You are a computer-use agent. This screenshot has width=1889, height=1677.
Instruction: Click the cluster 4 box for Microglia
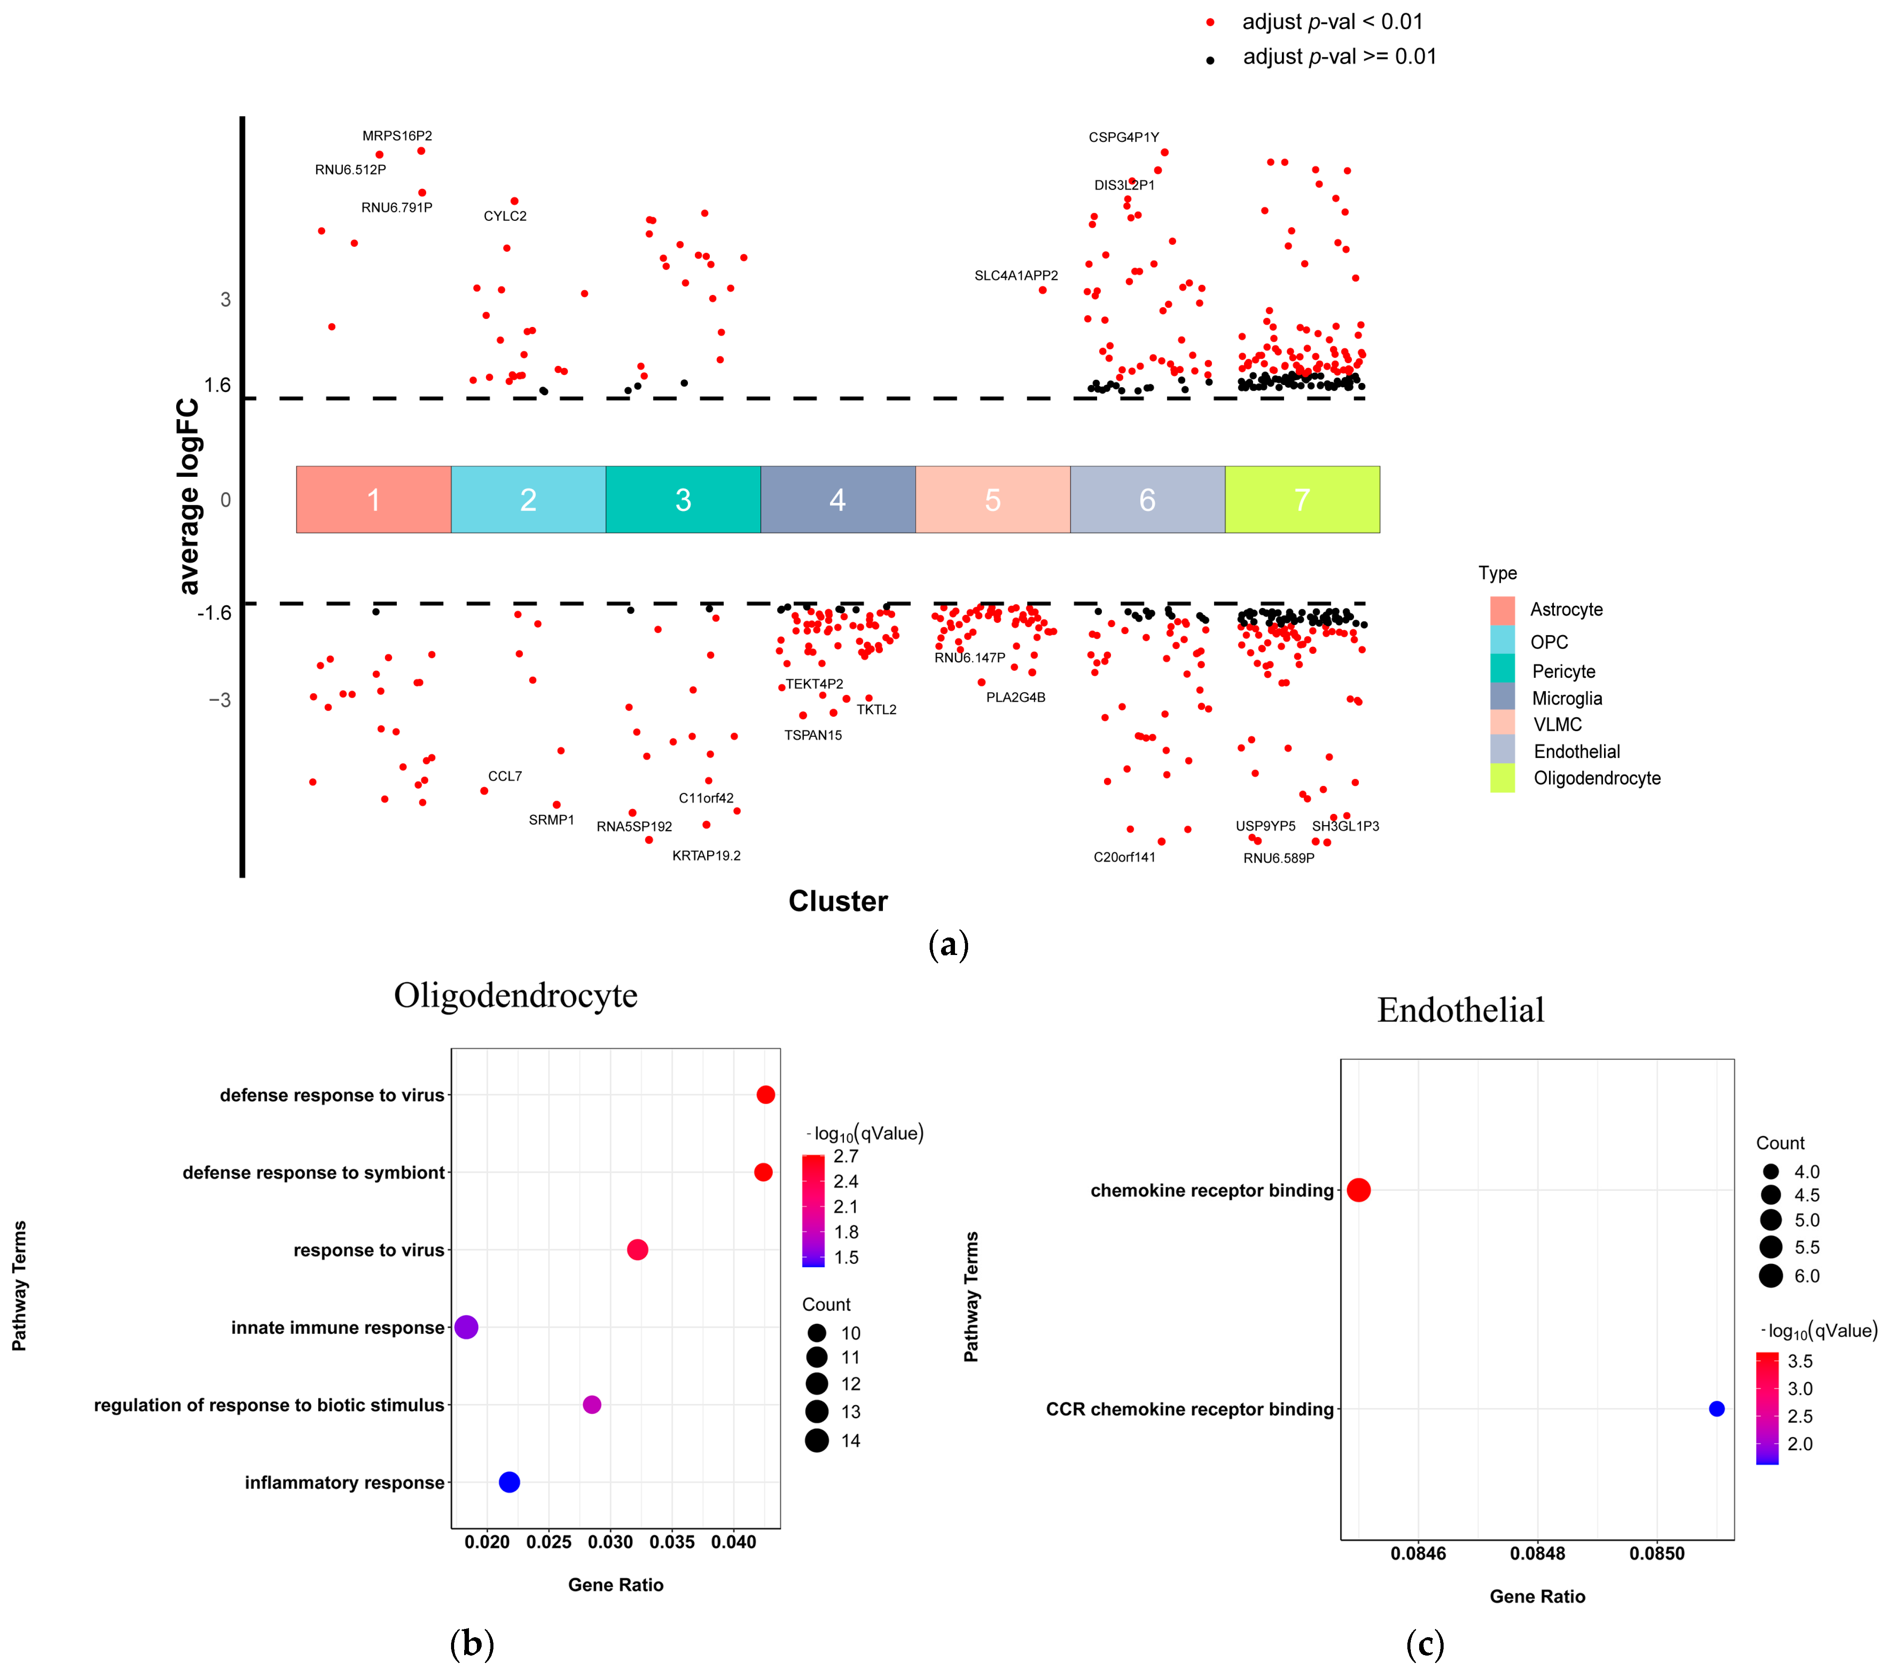837,500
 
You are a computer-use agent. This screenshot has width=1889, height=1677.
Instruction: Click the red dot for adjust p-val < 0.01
1210,22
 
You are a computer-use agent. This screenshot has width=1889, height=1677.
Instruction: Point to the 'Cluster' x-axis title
837,901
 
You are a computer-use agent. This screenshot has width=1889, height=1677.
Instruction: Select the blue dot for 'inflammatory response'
509,1482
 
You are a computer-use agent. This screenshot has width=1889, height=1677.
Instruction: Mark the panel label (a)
948,944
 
